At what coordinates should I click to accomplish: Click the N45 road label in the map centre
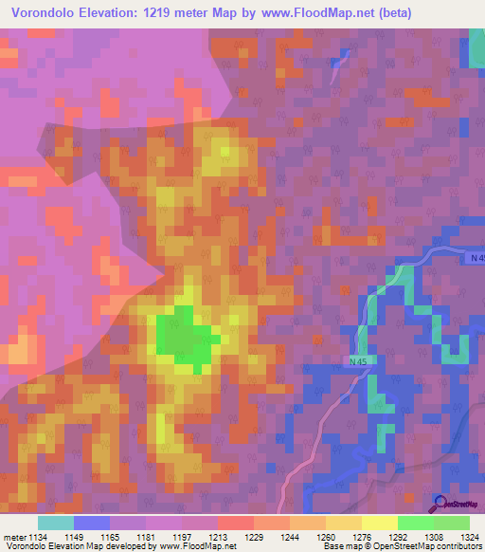357,361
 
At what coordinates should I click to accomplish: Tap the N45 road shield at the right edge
476,258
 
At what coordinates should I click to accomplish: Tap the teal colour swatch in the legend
55,523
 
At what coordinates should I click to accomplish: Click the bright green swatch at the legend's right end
451,523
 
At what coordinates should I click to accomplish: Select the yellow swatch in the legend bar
379,523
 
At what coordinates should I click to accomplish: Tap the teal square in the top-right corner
476,47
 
